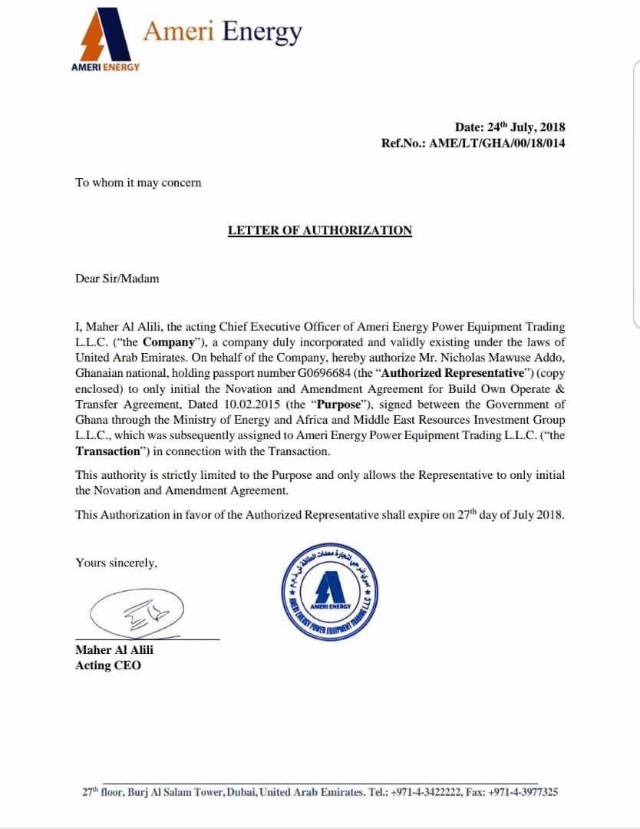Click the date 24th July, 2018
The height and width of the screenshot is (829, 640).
click(x=526, y=127)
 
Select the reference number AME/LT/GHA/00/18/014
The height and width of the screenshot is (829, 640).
click(x=496, y=143)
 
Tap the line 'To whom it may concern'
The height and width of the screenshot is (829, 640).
click(x=138, y=183)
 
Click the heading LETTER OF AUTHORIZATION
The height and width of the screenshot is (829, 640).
click(x=319, y=230)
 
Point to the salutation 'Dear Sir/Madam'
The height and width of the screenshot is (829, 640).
click(x=117, y=279)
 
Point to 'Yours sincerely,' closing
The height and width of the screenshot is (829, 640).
click(x=116, y=563)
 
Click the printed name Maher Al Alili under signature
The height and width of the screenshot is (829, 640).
click(x=114, y=650)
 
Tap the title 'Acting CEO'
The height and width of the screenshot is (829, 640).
click(x=108, y=666)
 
